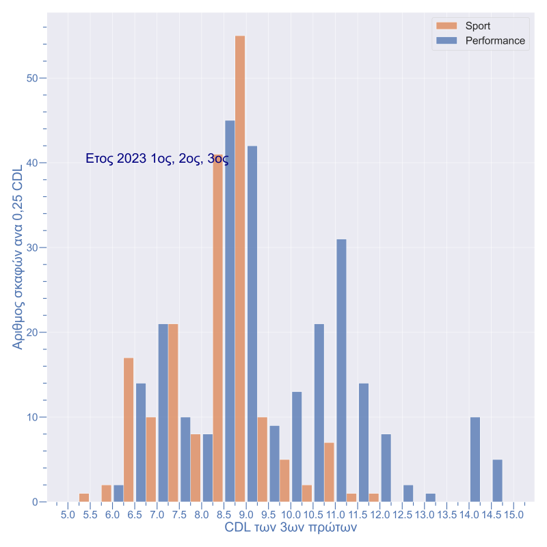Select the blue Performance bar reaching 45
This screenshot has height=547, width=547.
[x=230, y=311]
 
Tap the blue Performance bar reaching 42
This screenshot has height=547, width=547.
[x=252, y=323]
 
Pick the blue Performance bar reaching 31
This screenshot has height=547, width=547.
[x=341, y=370]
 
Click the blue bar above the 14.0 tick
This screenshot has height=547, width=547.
[x=475, y=459]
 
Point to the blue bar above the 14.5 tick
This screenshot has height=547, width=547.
[x=498, y=481]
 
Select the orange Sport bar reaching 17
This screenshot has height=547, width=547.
[x=129, y=429]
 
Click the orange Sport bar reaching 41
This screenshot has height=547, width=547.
[x=218, y=328]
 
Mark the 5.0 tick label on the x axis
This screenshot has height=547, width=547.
[x=68, y=513]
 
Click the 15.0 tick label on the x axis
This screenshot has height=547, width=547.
[x=514, y=513]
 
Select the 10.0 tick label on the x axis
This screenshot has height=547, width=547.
[x=291, y=513]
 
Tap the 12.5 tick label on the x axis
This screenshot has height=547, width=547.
[x=403, y=513]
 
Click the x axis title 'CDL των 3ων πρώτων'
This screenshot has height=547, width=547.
[x=291, y=528]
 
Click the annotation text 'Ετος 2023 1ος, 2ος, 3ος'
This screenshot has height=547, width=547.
[x=157, y=159]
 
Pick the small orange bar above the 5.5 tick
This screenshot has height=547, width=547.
[x=84, y=498]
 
